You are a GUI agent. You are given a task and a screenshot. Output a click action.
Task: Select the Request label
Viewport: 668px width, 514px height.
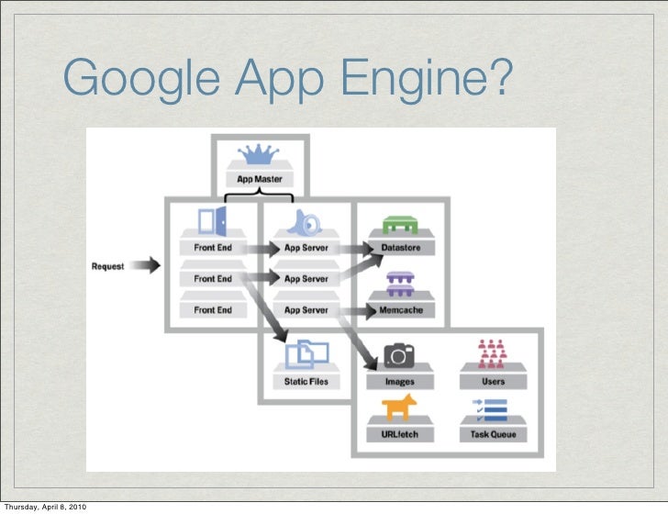(x=108, y=266)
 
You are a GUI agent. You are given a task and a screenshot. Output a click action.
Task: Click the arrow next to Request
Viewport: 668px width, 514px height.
(x=144, y=266)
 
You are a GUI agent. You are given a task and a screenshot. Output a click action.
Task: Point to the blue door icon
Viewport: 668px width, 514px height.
(x=212, y=221)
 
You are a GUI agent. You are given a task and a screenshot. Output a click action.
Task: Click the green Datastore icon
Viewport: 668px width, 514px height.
(x=400, y=224)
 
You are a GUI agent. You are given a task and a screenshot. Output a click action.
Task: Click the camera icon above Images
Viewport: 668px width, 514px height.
(x=399, y=356)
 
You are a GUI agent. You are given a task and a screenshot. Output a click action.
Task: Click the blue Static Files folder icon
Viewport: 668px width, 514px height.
(x=306, y=352)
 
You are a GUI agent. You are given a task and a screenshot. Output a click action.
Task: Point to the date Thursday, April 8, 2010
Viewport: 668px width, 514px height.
(x=45, y=507)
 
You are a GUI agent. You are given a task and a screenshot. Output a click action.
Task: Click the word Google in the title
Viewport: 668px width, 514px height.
(x=143, y=79)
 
